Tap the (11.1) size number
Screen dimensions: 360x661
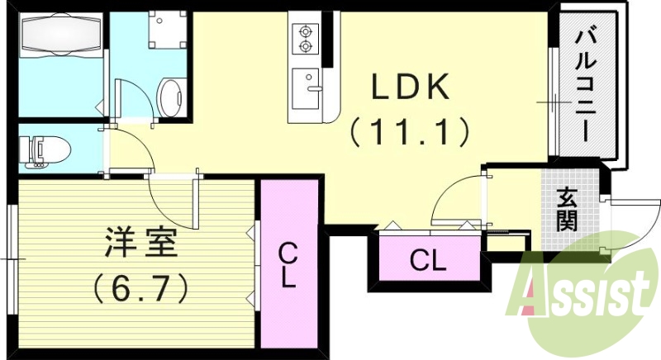[408, 130]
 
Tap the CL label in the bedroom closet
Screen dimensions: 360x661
[288, 264]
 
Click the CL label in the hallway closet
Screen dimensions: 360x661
[428, 262]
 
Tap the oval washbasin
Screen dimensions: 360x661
[172, 97]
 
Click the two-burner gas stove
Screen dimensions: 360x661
[304, 38]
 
